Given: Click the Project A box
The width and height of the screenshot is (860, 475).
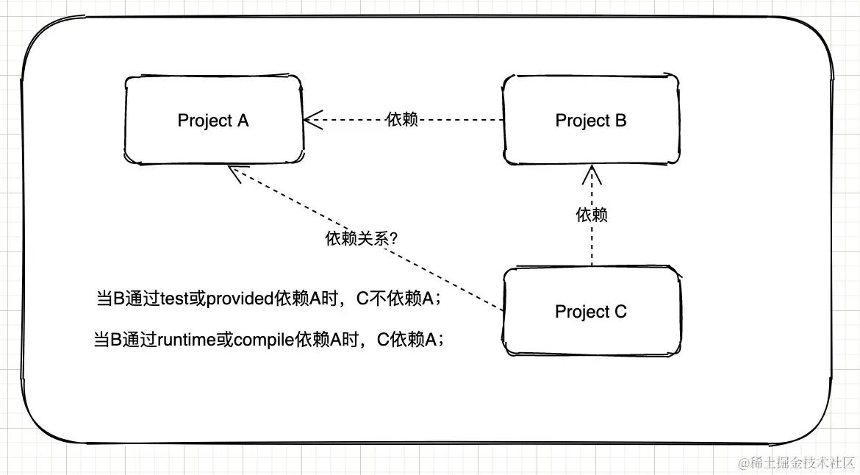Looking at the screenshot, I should pyautogui.click(x=213, y=119).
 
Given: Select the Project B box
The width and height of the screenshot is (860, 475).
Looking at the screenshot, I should pyautogui.click(x=591, y=119).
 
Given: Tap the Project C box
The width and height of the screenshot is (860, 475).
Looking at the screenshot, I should pyautogui.click(x=591, y=311).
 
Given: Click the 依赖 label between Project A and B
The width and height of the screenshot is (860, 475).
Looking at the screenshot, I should pyautogui.click(x=401, y=119).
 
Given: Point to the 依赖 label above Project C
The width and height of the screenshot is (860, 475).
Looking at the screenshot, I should pyautogui.click(x=592, y=215).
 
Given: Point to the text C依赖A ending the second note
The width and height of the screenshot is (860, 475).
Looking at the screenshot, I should pyautogui.click(x=409, y=340).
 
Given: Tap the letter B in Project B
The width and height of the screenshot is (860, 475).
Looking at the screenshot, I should pyautogui.click(x=620, y=120).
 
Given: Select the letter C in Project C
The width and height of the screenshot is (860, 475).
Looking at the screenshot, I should pyautogui.click(x=620, y=312).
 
